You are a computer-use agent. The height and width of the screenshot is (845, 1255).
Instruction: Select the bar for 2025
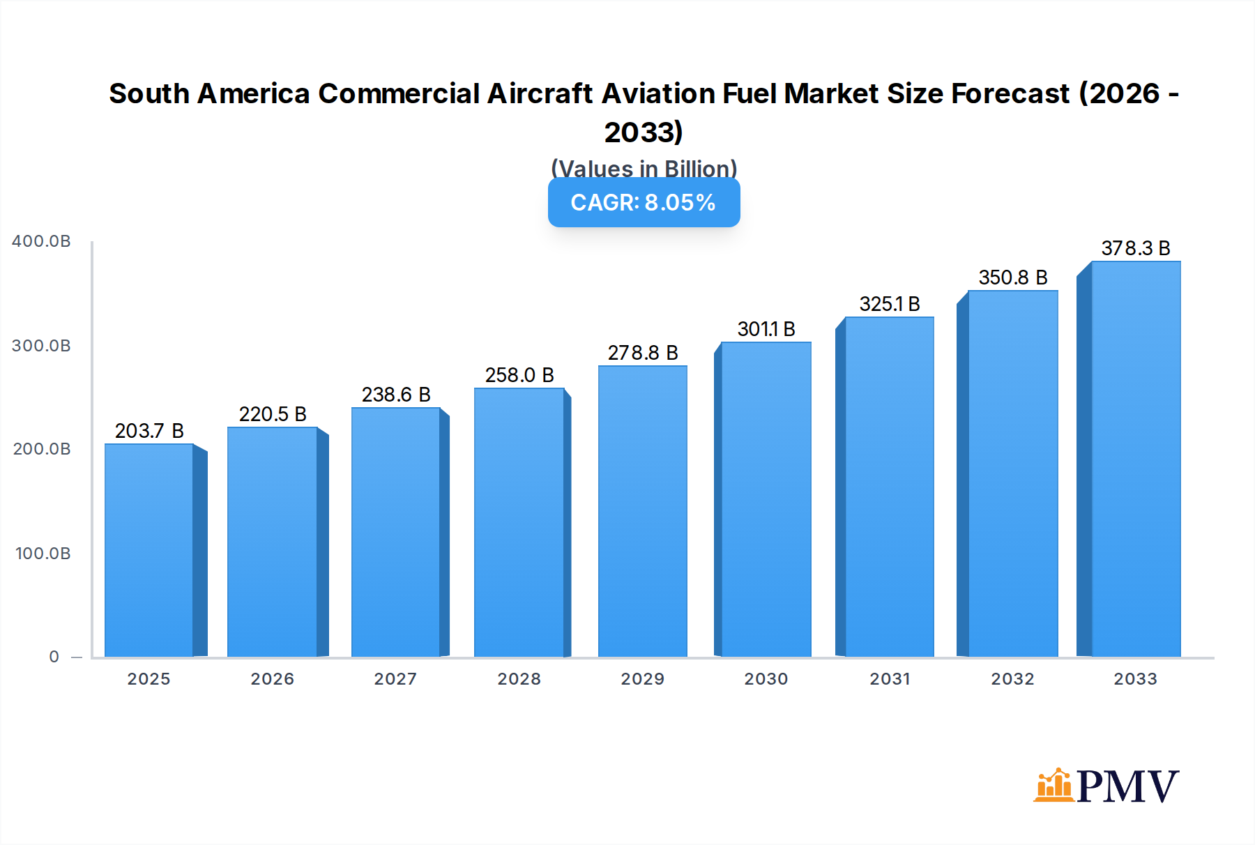(x=149, y=551)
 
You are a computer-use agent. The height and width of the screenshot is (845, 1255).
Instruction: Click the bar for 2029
(x=642, y=511)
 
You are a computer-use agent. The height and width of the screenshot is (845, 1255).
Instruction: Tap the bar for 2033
(x=1136, y=459)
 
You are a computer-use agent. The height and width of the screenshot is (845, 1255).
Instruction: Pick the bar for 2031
(x=889, y=487)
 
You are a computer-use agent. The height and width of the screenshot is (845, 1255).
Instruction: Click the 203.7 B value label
(x=149, y=431)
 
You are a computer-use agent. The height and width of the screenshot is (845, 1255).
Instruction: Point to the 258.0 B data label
(x=519, y=375)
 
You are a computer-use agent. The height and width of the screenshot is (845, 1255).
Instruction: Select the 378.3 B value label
(x=1136, y=248)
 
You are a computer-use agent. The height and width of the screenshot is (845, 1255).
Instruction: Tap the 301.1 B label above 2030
(x=766, y=329)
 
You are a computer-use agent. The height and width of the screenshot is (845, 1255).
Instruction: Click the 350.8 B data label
(x=1013, y=277)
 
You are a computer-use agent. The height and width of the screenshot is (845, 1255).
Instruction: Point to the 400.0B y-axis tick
(x=41, y=241)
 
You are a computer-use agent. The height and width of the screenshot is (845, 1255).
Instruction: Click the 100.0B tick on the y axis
(x=43, y=554)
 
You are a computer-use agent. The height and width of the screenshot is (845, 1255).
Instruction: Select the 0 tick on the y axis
(x=54, y=657)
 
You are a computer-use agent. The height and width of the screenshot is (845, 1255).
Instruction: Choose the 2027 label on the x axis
(x=395, y=679)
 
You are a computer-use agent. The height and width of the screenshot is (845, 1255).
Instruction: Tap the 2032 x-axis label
(x=1012, y=679)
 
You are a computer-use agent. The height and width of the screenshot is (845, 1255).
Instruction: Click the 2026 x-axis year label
(x=272, y=679)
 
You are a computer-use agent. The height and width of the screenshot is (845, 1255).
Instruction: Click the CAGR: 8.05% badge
(x=644, y=202)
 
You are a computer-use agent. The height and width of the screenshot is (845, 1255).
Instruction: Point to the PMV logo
(x=1106, y=786)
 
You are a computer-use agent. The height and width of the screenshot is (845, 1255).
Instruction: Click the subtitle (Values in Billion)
(x=644, y=168)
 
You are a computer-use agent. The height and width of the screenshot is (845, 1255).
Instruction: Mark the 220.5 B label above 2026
(x=273, y=414)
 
